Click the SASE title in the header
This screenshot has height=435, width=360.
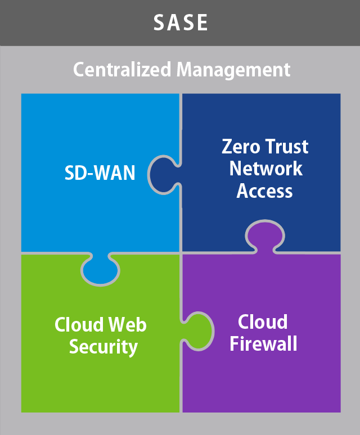point(181,22)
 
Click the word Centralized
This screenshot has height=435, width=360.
point(122,70)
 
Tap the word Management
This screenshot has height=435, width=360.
point(233,70)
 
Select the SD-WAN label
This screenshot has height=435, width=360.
point(100,173)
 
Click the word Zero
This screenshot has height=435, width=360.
point(241,147)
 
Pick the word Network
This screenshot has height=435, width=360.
point(266,169)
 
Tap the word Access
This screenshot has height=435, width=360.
point(265,191)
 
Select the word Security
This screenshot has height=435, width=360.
point(103,347)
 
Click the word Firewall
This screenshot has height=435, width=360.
point(263,343)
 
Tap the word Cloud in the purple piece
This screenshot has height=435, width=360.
point(263,322)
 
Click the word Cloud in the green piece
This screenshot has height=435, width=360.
point(79,324)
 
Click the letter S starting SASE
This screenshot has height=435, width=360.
point(160,22)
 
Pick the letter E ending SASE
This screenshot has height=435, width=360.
point(202,22)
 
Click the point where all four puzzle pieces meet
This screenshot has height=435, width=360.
point(181,252)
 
